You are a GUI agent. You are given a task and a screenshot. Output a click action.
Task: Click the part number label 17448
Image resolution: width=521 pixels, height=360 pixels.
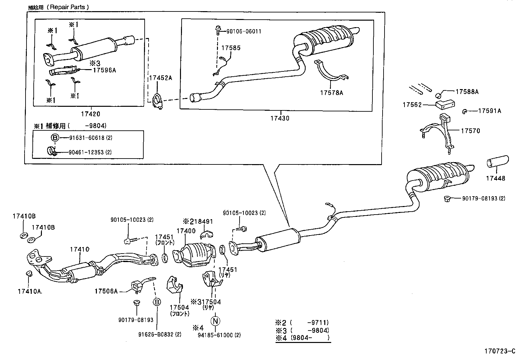pos(495,178)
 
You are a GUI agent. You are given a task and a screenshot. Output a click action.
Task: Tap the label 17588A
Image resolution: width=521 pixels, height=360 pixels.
pos(467,92)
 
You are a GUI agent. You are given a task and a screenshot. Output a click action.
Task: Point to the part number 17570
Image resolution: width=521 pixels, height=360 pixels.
pos(470,131)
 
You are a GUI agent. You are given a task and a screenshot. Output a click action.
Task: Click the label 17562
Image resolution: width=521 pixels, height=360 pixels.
pos(412,105)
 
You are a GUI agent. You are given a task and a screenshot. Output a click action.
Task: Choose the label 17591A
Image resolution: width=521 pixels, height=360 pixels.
pos(490,111)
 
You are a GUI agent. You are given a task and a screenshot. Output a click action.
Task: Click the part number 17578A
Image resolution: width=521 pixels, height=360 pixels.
pos(332,93)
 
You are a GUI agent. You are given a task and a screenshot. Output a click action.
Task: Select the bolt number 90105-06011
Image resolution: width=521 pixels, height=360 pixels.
pos(244,31)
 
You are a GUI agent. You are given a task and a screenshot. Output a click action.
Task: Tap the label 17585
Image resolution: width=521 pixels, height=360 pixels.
pos(231,48)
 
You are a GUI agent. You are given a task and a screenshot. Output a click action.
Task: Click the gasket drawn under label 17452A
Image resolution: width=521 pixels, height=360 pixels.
pos(158,100)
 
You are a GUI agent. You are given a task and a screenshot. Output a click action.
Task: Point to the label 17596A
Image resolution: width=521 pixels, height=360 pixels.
pos(104,69)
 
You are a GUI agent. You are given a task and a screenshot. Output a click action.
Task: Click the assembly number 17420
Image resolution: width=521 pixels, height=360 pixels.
pos(91,114)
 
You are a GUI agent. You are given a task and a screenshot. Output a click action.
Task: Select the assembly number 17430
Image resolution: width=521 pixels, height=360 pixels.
pos(280,118)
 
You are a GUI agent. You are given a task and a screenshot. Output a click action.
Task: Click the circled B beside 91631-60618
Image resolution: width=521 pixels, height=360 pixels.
pos(55,138)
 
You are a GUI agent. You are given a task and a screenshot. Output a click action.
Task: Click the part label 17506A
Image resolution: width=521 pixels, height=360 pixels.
pos(106,291)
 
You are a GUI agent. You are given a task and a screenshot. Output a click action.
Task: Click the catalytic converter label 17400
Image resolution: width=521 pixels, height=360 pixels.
pos(186,231)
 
